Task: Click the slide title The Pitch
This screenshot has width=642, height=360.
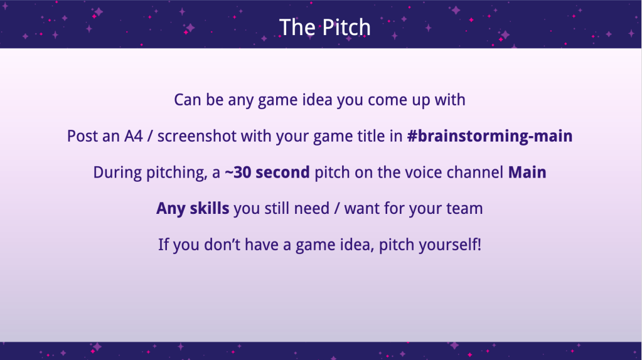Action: pos(324,28)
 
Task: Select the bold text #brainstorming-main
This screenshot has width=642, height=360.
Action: pos(490,136)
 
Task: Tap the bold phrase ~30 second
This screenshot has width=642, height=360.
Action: pos(267,172)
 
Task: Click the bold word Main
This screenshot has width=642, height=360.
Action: pos(527,172)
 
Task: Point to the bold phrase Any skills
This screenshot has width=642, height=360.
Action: pos(193,209)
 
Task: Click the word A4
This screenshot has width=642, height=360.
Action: pos(134,136)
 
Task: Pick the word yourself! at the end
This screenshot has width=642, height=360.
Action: pos(451,245)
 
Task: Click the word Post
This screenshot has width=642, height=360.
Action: pos(82,136)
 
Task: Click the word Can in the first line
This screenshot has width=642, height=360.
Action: pos(188,100)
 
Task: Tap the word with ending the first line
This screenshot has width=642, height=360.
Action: pos(450,100)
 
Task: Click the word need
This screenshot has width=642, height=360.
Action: pos(311,209)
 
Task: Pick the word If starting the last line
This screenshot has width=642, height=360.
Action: pos(163,245)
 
